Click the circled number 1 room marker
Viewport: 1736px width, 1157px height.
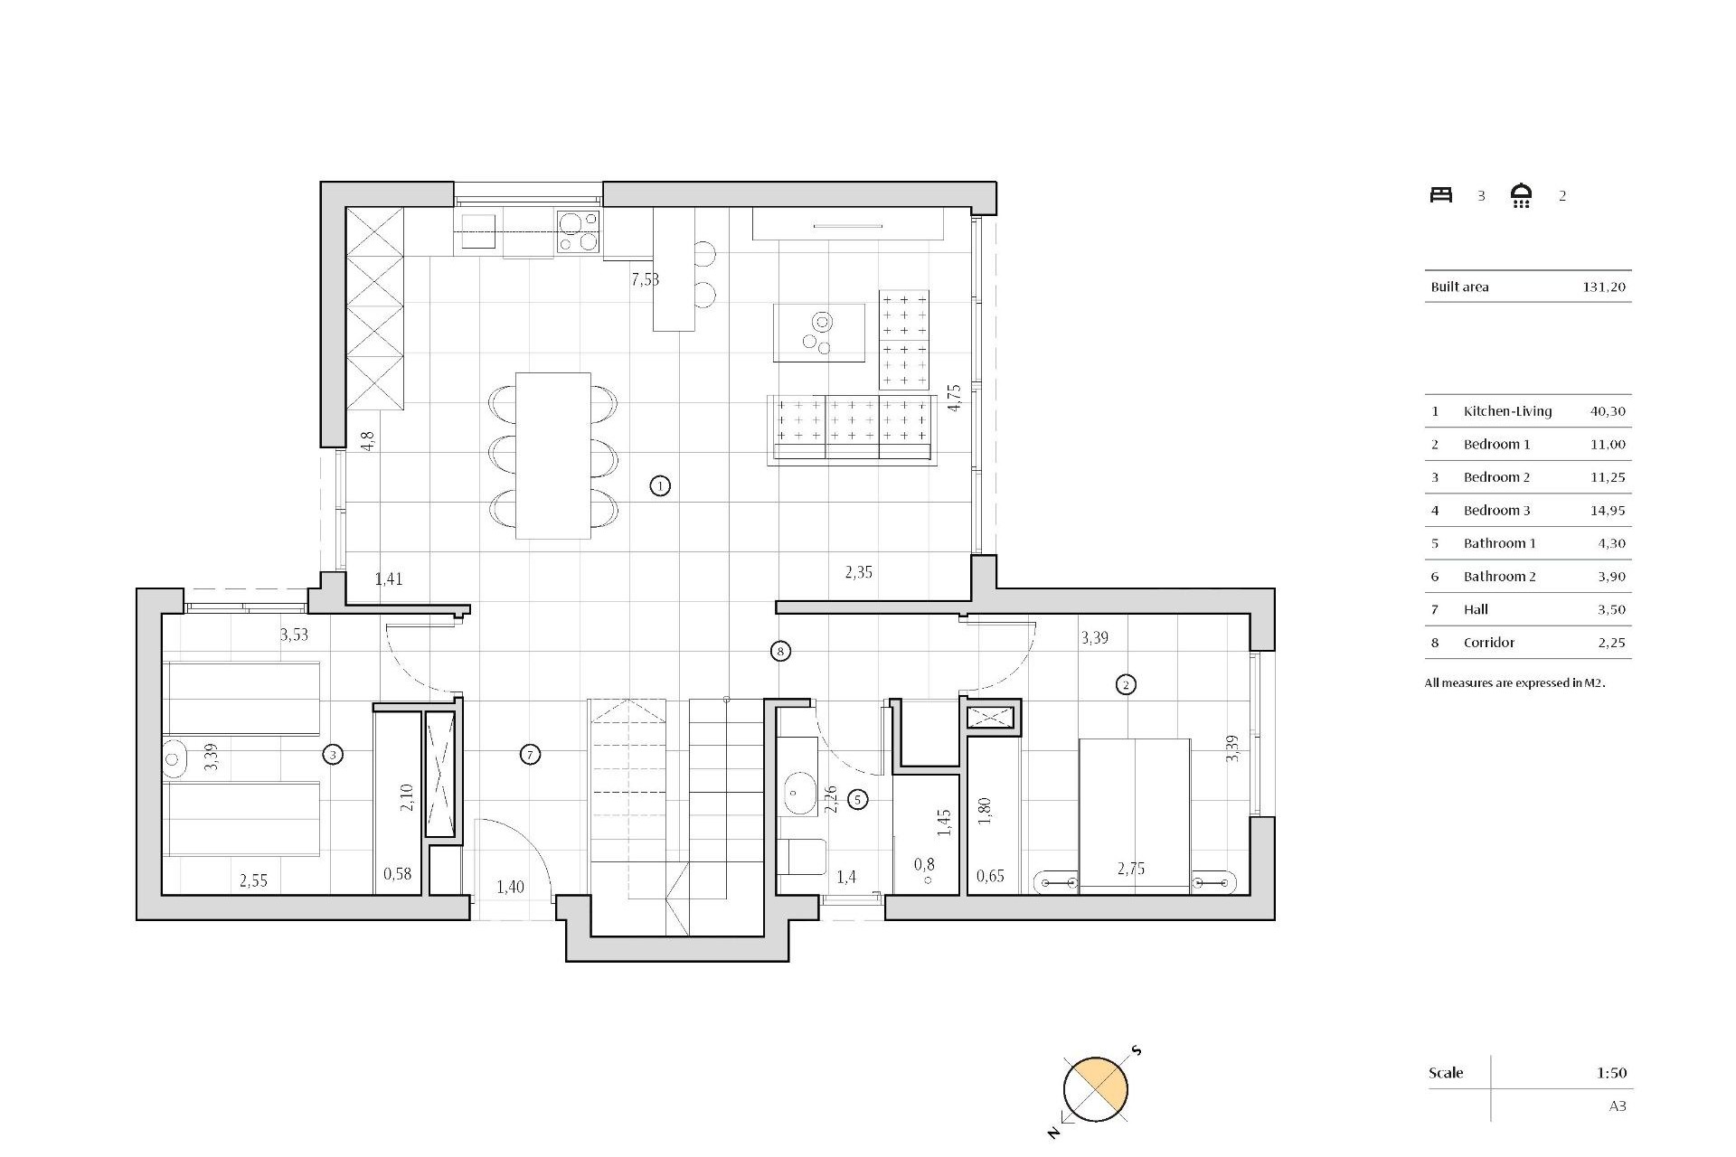(x=660, y=486)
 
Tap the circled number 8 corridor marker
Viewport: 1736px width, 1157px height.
(x=780, y=651)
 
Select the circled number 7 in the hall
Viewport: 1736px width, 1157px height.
(x=531, y=754)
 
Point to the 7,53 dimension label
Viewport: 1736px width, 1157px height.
(x=645, y=279)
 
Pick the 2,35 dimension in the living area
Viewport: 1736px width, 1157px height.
(x=858, y=572)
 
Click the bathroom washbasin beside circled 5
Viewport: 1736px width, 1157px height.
(x=797, y=794)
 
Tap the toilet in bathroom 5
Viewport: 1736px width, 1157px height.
(x=802, y=857)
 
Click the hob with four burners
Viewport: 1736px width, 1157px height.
(x=578, y=230)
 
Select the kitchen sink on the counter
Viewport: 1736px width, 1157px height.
(x=478, y=230)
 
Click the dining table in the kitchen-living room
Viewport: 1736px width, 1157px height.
(x=552, y=455)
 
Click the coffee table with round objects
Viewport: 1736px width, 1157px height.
(x=818, y=333)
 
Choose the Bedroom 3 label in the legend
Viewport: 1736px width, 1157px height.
(x=1496, y=511)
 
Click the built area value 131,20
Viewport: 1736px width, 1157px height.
(x=1604, y=287)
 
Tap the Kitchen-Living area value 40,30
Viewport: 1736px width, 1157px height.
(x=1608, y=411)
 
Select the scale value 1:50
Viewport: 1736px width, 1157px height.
(x=1611, y=1073)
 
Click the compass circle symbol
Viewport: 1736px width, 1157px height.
(x=1095, y=1089)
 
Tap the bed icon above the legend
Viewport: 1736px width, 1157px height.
(x=1441, y=195)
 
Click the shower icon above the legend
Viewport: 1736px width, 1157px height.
(x=1521, y=195)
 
